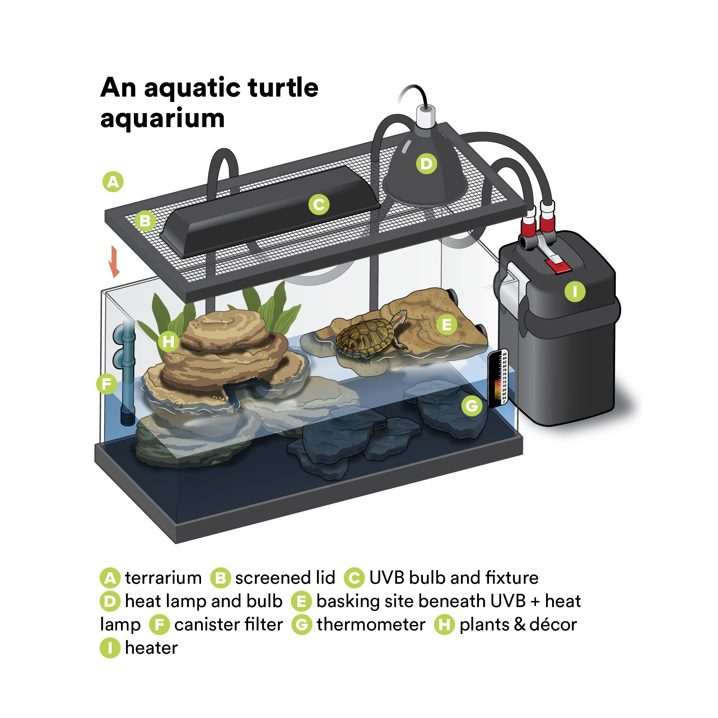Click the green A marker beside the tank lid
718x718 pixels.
113,182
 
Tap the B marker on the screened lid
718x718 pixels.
145,221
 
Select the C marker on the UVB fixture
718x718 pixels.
319,204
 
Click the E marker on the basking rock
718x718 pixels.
447,325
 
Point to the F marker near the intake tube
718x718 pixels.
107,384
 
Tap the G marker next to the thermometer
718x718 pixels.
472,405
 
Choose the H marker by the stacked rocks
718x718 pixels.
168,341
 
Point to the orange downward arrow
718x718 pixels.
114,262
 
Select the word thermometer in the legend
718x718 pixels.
371,624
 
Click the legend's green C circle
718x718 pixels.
354,578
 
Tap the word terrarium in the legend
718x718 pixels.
163,578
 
